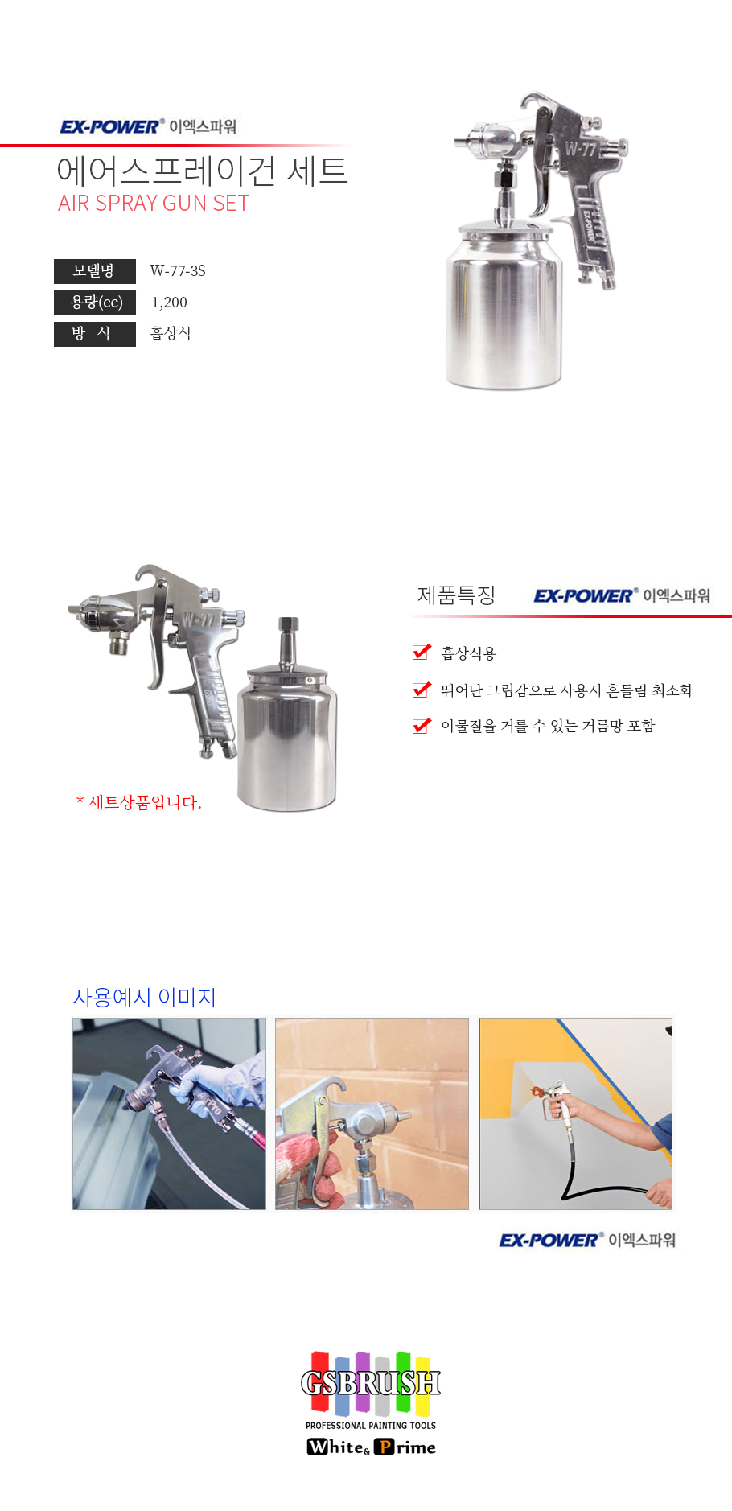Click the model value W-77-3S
178,271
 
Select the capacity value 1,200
169,303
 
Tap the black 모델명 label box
95,271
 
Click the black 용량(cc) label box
95,303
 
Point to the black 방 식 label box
95,334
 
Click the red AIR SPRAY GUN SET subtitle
154,204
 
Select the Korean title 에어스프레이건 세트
202,171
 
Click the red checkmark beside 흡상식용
422,652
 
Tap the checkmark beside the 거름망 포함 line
422,726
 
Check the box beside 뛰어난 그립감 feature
422,690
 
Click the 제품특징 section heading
456,595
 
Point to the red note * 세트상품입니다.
138,802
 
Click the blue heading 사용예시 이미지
145,998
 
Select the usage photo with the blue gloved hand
169,1114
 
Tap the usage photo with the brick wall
372,1114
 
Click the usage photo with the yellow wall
576,1114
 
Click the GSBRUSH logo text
371,1383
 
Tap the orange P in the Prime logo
384,1447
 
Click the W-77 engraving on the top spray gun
580,149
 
